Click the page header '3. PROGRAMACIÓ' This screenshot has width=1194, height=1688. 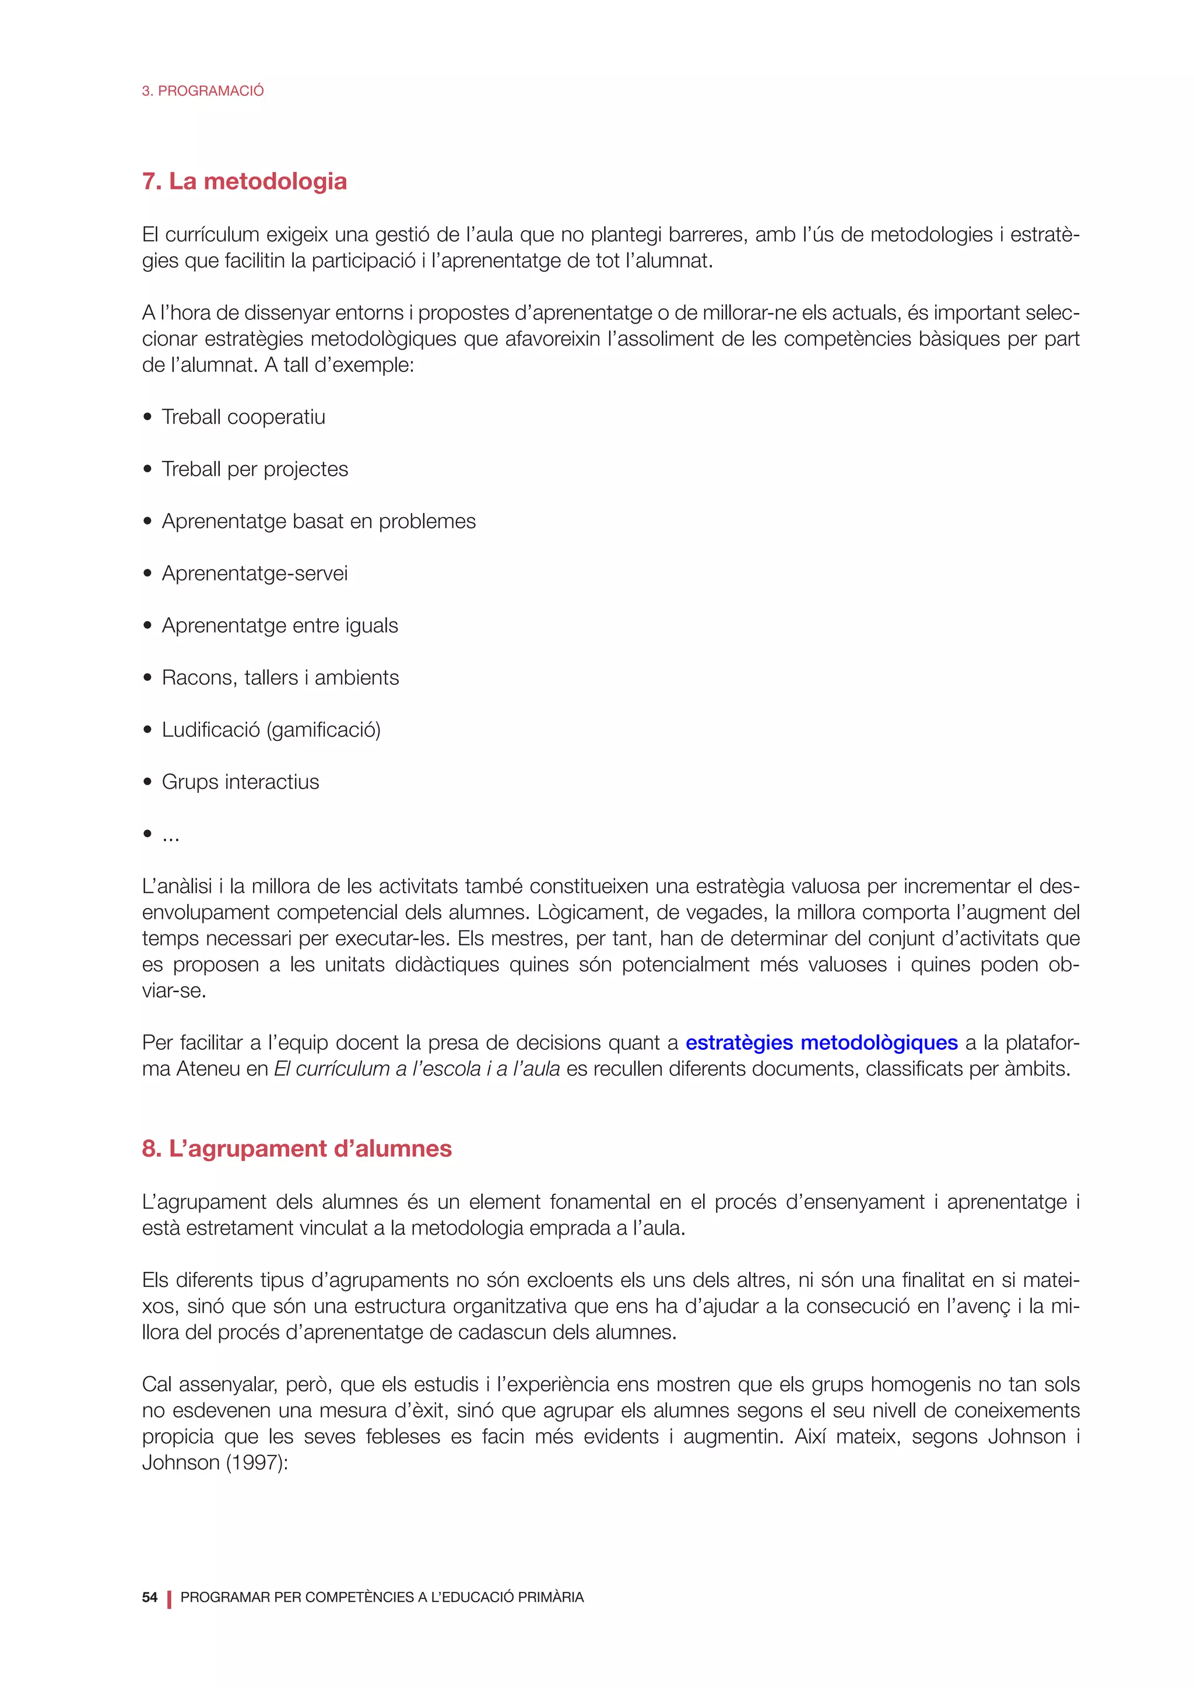click(202, 91)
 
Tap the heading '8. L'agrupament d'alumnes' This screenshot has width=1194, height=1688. click(296, 1148)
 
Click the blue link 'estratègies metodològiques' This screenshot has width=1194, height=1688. click(821, 1043)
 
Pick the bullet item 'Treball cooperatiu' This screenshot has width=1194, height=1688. click(243, 417)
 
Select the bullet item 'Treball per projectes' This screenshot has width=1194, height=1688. click(254, 469)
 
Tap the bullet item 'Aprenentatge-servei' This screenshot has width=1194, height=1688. click(254, 574)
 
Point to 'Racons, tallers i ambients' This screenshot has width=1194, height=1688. click(280, 678)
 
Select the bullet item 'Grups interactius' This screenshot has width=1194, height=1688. click(240, 782)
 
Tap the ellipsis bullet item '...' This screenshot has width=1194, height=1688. click(171, 836)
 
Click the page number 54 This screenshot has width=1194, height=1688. click(149, 1597)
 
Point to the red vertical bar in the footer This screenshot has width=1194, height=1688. click(169, 1599)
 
